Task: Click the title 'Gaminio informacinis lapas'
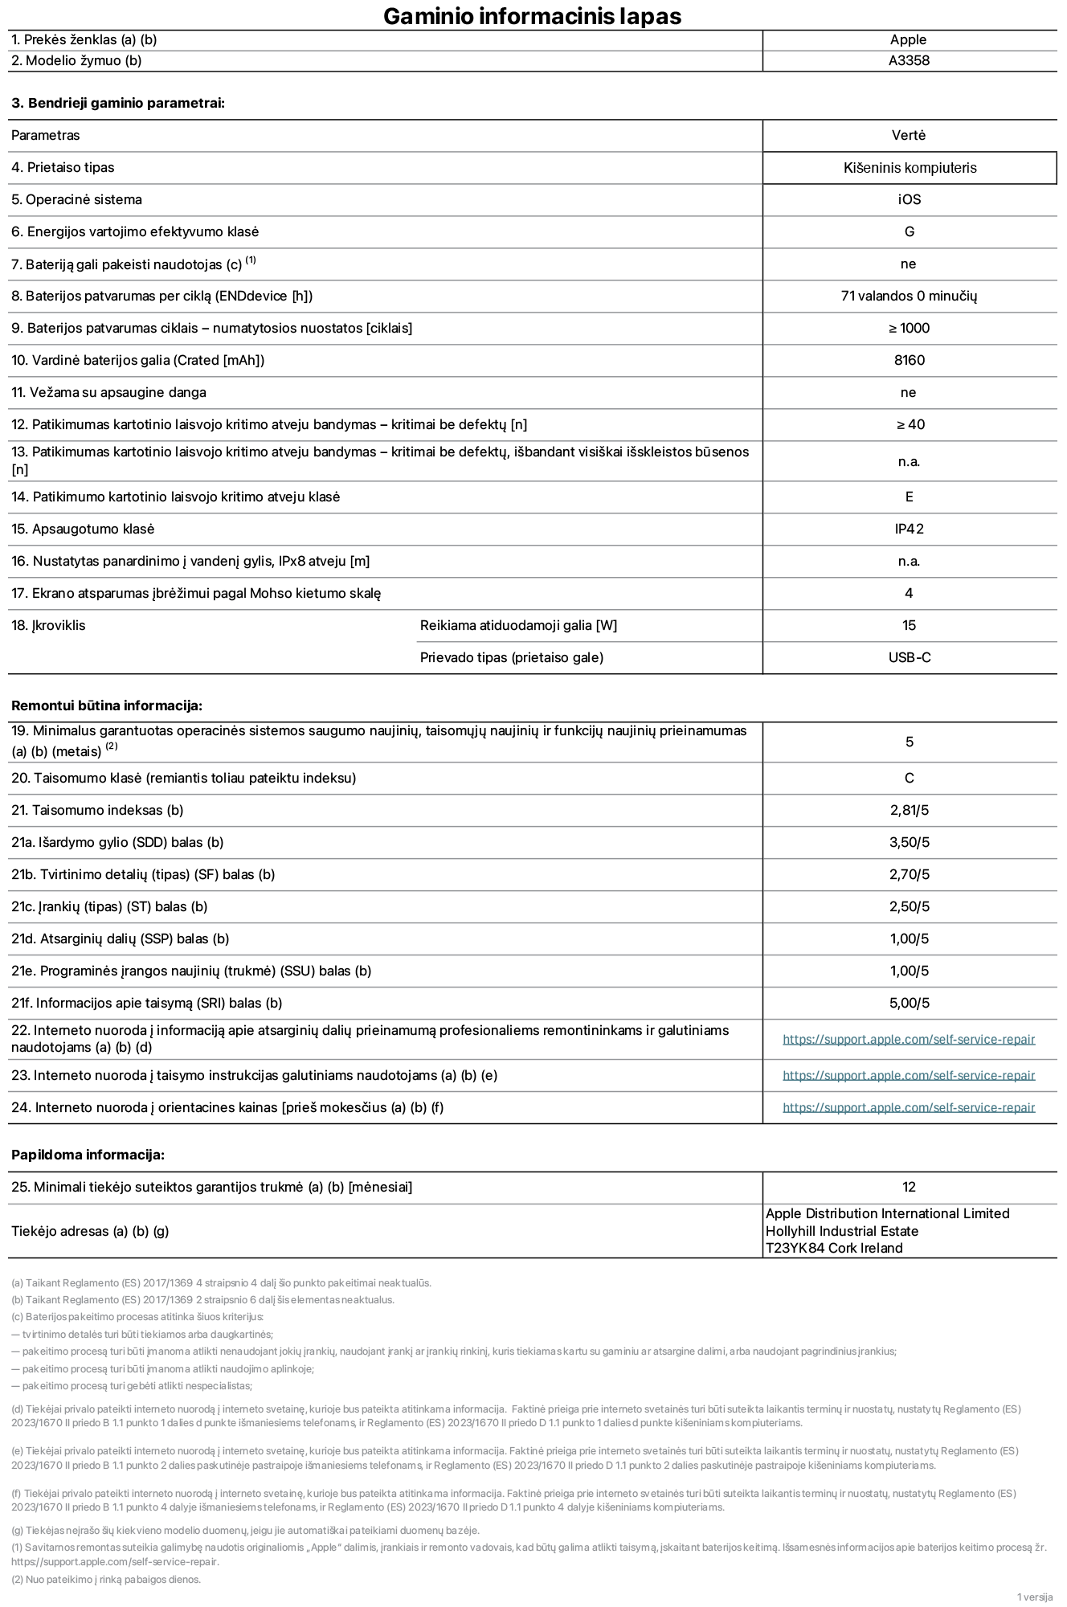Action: tap(532, 16)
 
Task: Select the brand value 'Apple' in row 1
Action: tap(908, 39)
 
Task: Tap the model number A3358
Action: tap(909, 60)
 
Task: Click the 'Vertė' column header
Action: tap(909, 135)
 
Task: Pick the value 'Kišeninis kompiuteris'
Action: tap(910, 168)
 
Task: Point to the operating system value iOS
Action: tap(910, 199)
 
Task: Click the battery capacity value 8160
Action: tap(910, 360)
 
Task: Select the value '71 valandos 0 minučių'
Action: tap(909, 296)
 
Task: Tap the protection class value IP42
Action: tap(910, 529)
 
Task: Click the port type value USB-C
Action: tap(910, 657)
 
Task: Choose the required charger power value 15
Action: tap(910, 625)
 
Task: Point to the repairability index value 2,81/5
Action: tap(910, 810)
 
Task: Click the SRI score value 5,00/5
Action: tap(910, 1003)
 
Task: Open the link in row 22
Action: tap(909, 1039)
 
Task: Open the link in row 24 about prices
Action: tap(909, 1107)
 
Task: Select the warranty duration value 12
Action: tap(910, 1187)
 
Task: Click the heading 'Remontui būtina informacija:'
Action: tap(107, 705)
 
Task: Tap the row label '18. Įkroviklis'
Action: tap(48, 625)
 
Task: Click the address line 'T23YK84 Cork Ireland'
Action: tap(834, 1248)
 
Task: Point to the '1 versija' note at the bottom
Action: tap(1034, 1596)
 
